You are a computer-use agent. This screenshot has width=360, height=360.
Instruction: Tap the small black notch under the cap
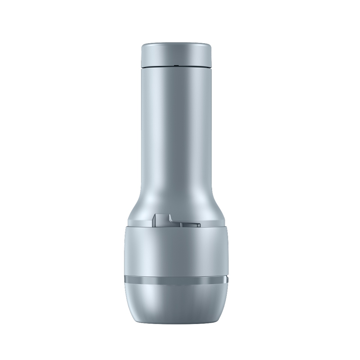pos(176,66)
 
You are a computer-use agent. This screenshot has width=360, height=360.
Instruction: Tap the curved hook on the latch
pos(170,218)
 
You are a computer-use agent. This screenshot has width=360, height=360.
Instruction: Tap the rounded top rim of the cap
pos(176,44)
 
